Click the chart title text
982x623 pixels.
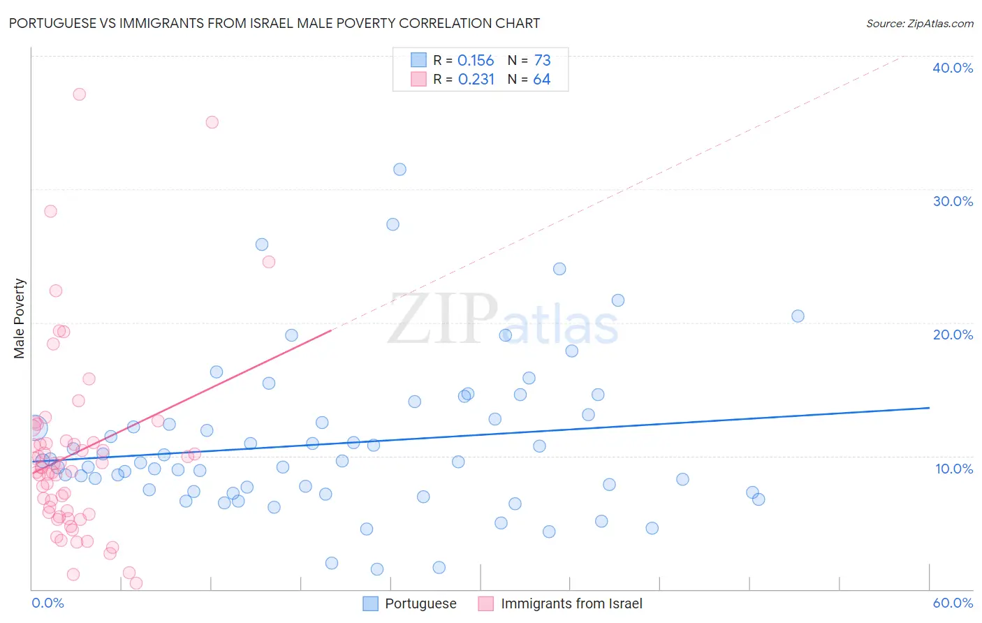[274, 23]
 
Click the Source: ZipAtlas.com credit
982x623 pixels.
[919, 24]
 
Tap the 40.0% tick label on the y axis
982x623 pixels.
[953, 68]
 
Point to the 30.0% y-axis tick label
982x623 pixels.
[953, 201]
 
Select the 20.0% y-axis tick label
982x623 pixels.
[953, 335]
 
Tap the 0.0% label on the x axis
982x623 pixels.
[47, 603]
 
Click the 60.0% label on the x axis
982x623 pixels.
[953, 603]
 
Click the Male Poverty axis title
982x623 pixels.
[20, 318]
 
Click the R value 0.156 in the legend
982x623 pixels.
[476, 61]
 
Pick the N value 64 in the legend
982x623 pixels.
[541, 80]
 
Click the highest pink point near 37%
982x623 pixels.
[80, 94]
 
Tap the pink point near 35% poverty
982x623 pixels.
[212, 122]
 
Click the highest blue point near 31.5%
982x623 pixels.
[400, 169]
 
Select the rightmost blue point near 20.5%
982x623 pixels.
[798, 316]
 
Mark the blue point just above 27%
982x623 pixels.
[393, 224]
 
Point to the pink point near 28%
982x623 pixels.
[50, 211]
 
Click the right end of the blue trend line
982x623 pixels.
[929, 407]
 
